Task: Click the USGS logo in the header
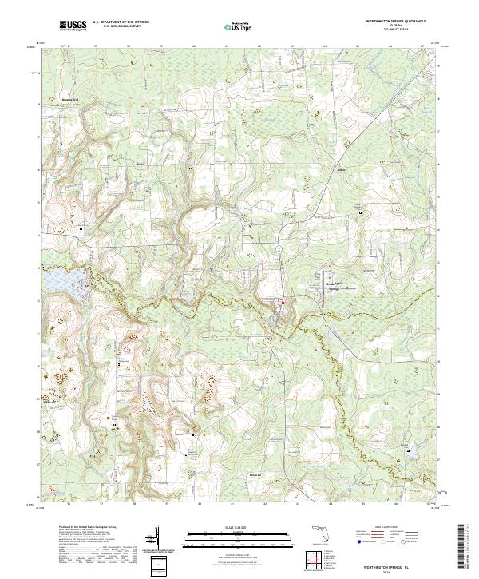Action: pos(73,26)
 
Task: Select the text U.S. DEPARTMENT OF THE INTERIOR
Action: pos(121,22)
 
